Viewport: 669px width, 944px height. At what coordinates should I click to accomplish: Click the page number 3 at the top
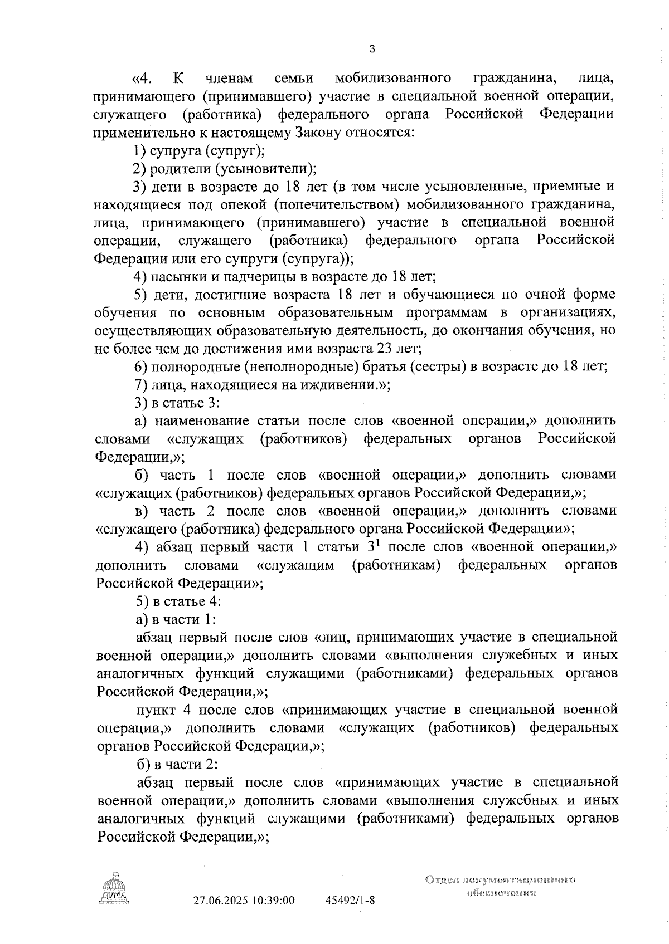(x=372, y=49)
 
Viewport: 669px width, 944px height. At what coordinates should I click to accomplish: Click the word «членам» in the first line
(x=229, y=79)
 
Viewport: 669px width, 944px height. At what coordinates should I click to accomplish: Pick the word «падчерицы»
(x=261, y=276)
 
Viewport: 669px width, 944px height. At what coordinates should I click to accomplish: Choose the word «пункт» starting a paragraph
(x=156, y=710)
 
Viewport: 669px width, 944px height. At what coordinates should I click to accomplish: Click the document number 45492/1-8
(x=350, y=901)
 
